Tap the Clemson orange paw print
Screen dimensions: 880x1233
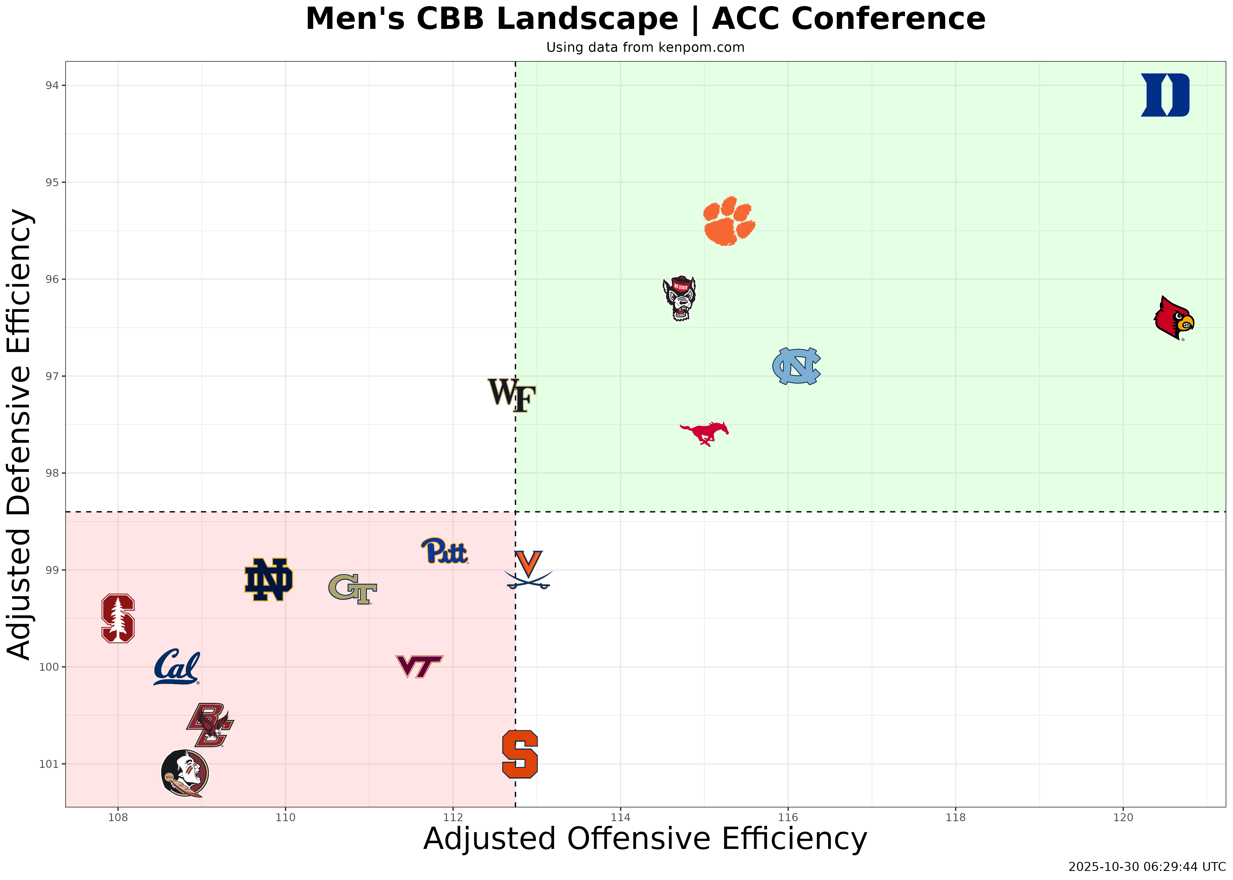[x=729, y=221]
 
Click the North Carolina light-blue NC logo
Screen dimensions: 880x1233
[x=796, y=366]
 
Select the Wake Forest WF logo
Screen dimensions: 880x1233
[x=511, y=395]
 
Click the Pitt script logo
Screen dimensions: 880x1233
[x=444, y=551]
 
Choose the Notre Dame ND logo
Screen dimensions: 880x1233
[x=268, y=579]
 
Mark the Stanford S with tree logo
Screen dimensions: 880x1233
[x=118, y=618]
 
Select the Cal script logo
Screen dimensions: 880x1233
[x=176, y=667]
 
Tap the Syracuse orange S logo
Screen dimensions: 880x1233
[x=519, y=754]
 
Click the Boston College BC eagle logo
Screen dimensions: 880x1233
[x=210, y=725]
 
